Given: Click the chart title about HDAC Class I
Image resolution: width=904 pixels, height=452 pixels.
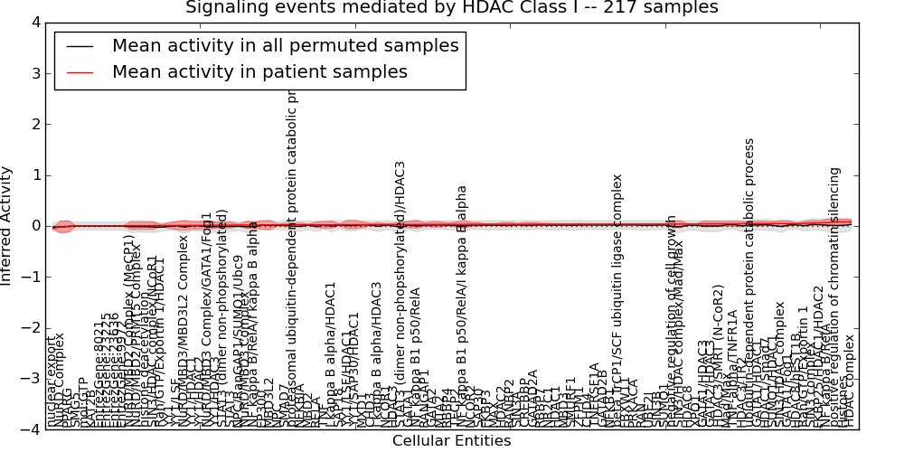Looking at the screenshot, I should [x=452, y=7].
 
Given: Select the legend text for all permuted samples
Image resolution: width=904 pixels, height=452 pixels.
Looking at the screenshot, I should [x=285, y=45].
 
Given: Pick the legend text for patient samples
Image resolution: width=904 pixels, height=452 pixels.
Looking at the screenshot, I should [x=259, y=71].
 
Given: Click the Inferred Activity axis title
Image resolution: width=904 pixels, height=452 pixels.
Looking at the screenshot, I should [x=7, y=226].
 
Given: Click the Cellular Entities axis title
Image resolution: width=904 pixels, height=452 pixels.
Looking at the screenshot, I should [x=452, y=441].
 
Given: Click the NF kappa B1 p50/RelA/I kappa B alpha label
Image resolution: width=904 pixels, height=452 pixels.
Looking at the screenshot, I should [x=462, y=307].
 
